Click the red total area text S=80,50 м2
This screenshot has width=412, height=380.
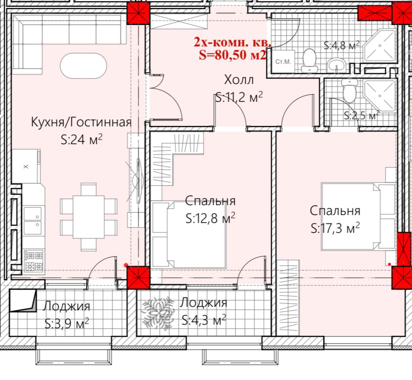pos(233,55)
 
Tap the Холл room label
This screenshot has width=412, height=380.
pos(239,80)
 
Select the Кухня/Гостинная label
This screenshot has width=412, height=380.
pos(81,122)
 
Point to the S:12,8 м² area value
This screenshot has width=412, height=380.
pos(210,218)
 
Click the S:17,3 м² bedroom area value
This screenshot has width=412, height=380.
pos(335,228)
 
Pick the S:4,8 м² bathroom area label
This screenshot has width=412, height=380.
pos(341,46)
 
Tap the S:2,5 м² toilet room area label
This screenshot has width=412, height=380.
pos(362,115)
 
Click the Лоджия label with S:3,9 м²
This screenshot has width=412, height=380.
pos(67,306)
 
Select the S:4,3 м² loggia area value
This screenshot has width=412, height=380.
pos(204,320)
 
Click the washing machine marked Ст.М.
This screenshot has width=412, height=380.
pos(283,62)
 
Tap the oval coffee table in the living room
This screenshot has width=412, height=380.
pos(83,66)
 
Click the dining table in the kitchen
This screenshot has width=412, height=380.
pos(89,217)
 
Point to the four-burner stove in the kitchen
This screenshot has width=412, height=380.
pos(33,261)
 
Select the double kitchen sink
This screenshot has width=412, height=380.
pos(32,220)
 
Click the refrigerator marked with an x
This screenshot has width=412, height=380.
pos(25,166)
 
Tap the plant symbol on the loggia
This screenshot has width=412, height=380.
pos(158,313)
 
